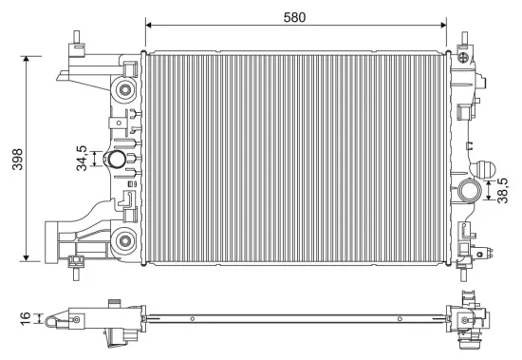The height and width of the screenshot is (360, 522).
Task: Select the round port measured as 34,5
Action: pyautogui.click(x=118, y=161)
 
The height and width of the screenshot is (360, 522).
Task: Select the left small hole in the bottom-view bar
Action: pyautogui.click(x=193, y=318)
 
